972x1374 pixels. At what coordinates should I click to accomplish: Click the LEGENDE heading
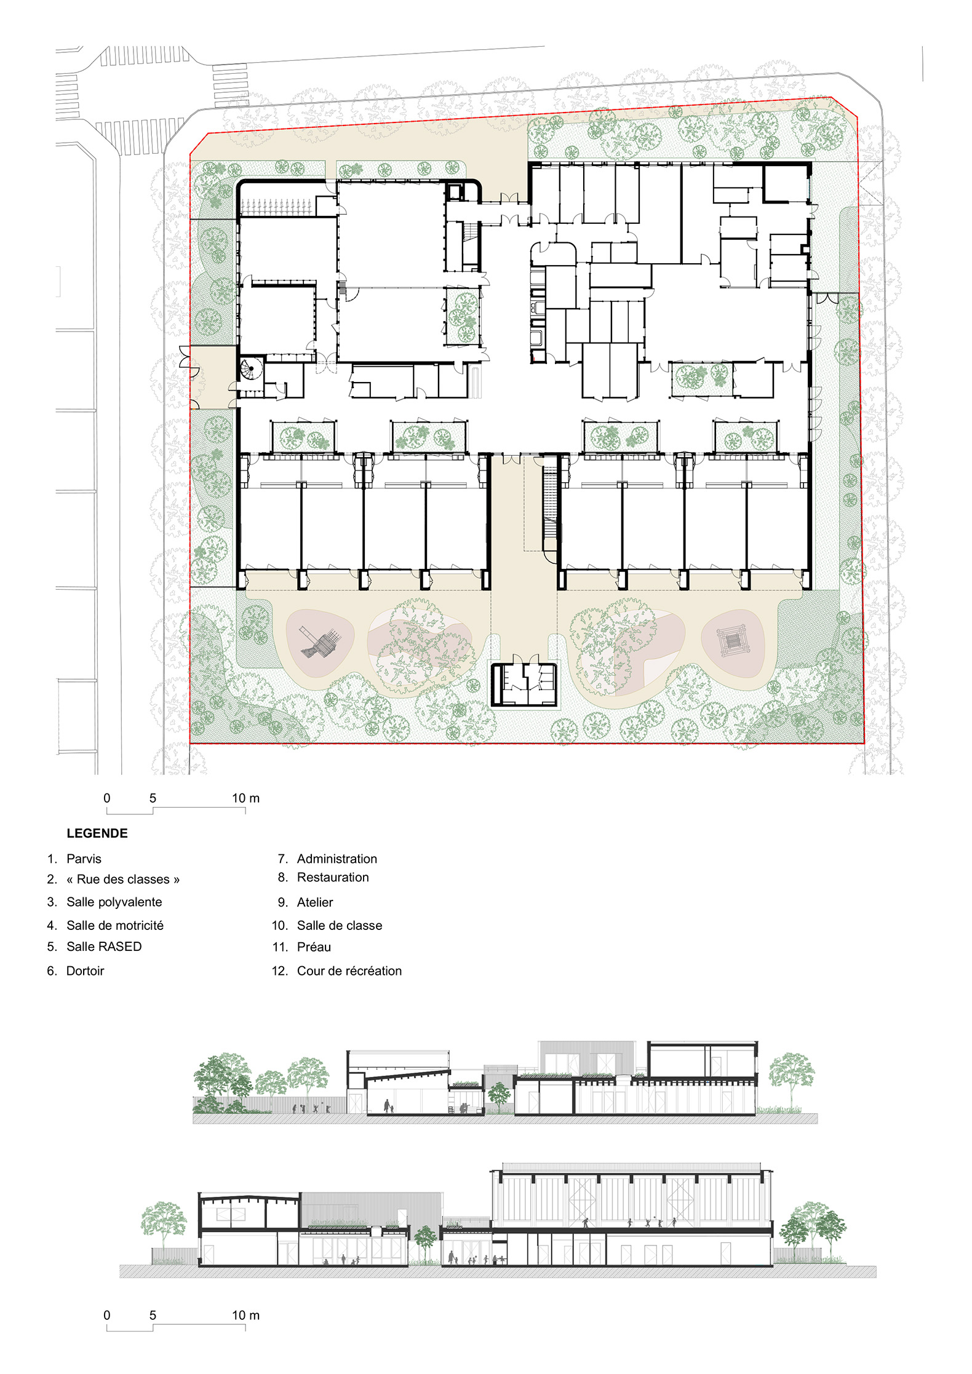(97, 833)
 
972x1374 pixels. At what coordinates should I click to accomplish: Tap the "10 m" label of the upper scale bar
(245, 798)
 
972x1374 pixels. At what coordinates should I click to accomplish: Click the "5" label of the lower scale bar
(153, 1316)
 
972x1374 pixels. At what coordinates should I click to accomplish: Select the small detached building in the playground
(524, 684)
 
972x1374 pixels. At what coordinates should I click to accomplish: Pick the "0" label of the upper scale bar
(107, 798)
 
